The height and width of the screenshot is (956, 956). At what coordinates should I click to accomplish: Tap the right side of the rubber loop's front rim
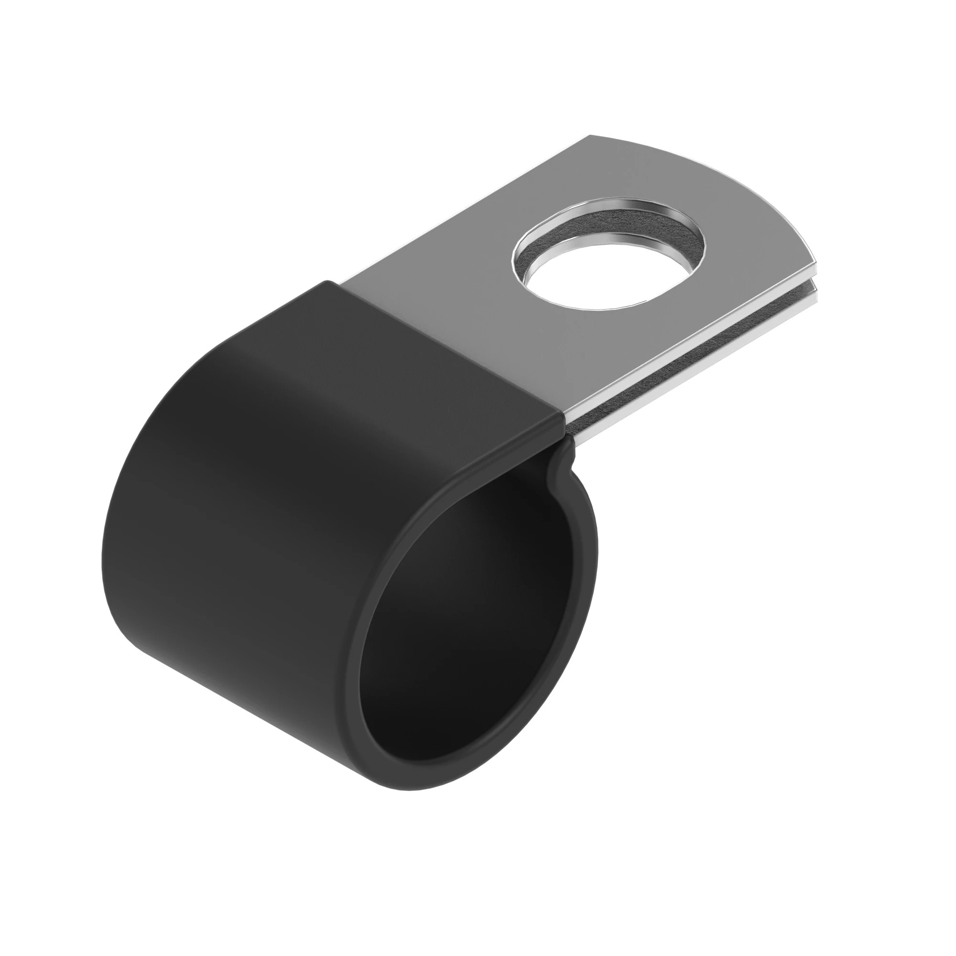click(594, 584)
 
